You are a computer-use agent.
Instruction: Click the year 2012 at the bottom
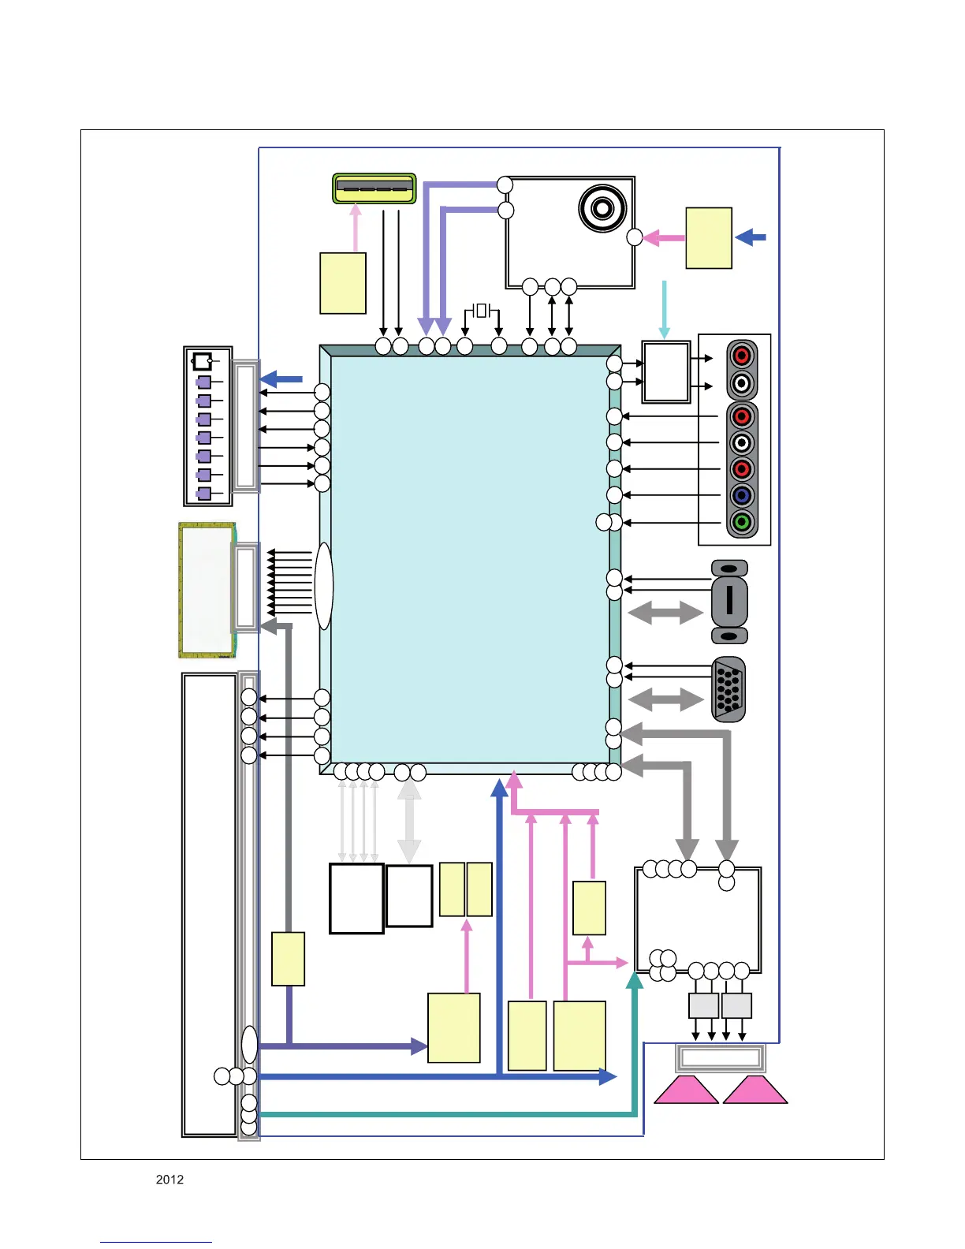[x=170, y=1180]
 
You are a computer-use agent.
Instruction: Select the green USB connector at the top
[x=374, y=188]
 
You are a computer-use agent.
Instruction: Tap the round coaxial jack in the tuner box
[x=602, y=208]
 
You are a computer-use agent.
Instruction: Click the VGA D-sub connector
[x=728, y=689]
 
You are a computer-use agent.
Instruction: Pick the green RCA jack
[x=741, y=521]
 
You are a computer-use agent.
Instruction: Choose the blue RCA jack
[x=741, y=495]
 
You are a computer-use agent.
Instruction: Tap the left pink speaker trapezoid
[x=685, y=1090]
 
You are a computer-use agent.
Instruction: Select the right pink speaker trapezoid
[x=755, y=1090]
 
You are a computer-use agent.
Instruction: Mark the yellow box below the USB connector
[x=343, y=283]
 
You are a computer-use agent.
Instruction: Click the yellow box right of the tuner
[x=709, y=238]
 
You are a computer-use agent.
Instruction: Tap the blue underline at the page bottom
[x=155, y=1242]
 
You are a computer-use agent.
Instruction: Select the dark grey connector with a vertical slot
[x=729, y=601]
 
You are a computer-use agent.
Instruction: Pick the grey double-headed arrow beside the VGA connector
[x=665, y=699]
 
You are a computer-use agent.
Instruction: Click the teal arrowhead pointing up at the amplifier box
[x=635, y=980]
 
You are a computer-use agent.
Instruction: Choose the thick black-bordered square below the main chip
[x=356, y=899]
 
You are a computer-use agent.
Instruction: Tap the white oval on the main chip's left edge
[x=323, y=585]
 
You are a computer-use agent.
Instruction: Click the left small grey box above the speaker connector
[x=703, y=1005]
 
